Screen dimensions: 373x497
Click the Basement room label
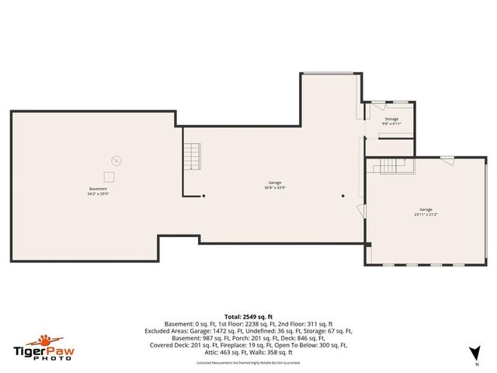tap(98, 189)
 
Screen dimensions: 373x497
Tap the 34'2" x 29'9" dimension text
tap(98, 194)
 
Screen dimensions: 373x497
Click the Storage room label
tap(391, 119)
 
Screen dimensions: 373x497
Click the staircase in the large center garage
tap(191, 158)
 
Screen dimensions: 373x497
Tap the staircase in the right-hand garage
tap(392, 165)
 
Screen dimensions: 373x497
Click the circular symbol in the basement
tap(116, 161)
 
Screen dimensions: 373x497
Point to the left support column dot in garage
tap(203, 196)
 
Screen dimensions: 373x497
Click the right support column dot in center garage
tap(342, 196)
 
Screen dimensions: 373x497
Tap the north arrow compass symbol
tap(475, 351)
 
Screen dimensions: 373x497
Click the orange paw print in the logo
tap(43, 340)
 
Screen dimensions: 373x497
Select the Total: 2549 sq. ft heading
tap(248, 317)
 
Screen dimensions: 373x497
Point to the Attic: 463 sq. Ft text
tap(221, 350)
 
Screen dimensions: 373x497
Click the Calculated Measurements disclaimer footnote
tap(248, 362)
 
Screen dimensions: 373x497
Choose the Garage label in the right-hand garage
tap(425, 209)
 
